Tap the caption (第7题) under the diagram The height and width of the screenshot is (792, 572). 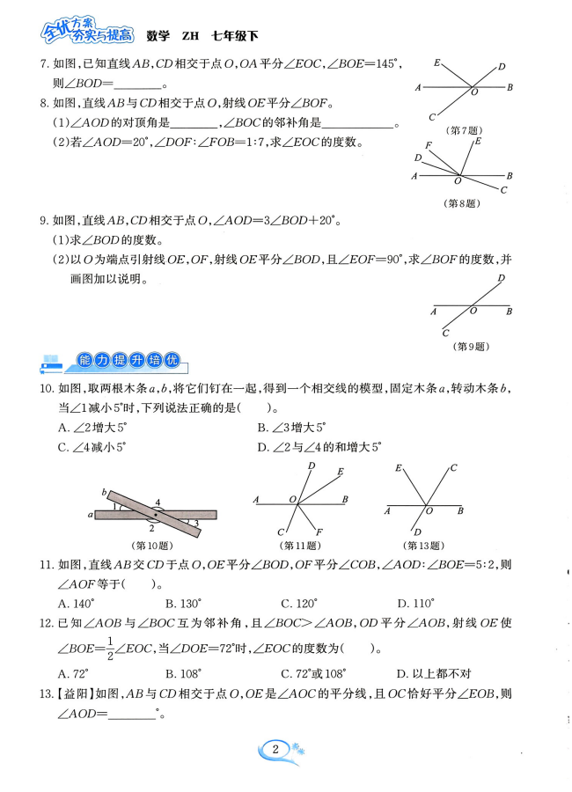tap(463, 130)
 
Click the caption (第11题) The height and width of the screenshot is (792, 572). tap(298, 544)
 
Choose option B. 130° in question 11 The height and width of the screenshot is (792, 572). tap(183, 604)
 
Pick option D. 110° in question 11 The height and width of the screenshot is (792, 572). tap(416, 604)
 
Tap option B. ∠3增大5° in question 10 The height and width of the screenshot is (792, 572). tap(291, 427)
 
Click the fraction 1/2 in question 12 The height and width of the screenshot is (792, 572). tap(112, 648)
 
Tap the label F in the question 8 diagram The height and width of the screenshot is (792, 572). tap(428, 145)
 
